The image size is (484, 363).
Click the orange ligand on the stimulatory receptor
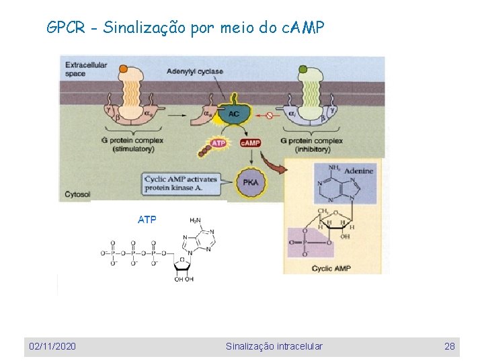pos(123,69)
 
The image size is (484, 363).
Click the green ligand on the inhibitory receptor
pos(302,69)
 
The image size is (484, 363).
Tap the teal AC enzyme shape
pos(233,114)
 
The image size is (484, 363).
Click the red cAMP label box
pos(250,143)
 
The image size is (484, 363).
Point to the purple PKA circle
pos(250,182)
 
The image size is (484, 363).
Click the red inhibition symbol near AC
pos(269,115)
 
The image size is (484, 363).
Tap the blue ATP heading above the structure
pos(147,219)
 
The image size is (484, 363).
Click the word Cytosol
pos(77,194)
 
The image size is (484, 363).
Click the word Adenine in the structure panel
pos(358,171)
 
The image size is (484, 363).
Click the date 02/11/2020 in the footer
pos(52,346)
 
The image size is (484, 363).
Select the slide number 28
pos(450,346)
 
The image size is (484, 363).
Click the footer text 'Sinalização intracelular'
pos(274,346)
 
